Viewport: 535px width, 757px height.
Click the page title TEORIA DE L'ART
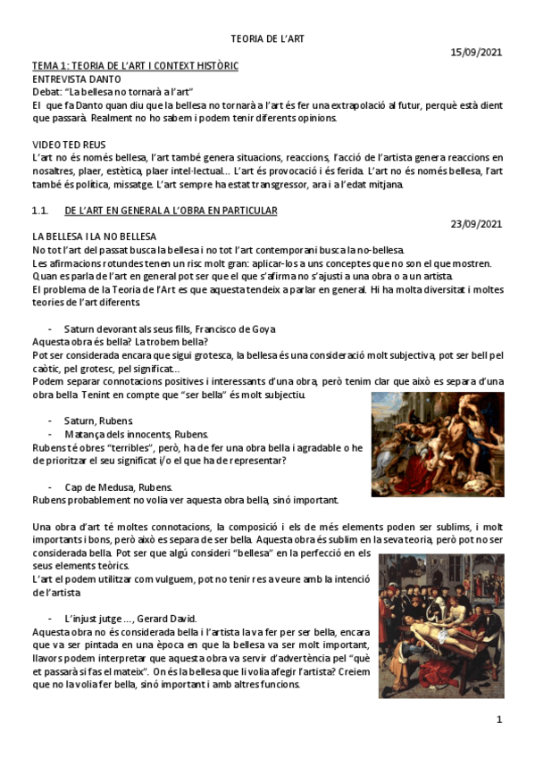tap(267, 39)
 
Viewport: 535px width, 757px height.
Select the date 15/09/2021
tap(477, 53)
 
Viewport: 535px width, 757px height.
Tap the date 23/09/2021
tap(477, 223)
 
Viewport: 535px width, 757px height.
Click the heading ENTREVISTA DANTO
tap(76, 79)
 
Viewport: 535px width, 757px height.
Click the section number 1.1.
tap(39, 211)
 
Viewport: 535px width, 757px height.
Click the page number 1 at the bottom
tap(499, 720)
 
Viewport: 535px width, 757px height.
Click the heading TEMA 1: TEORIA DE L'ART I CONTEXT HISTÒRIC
tap(135, 66)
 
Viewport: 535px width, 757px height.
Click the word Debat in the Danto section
tap(46, 92)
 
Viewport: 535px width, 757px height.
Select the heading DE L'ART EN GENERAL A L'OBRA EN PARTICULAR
tap(171, 211)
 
